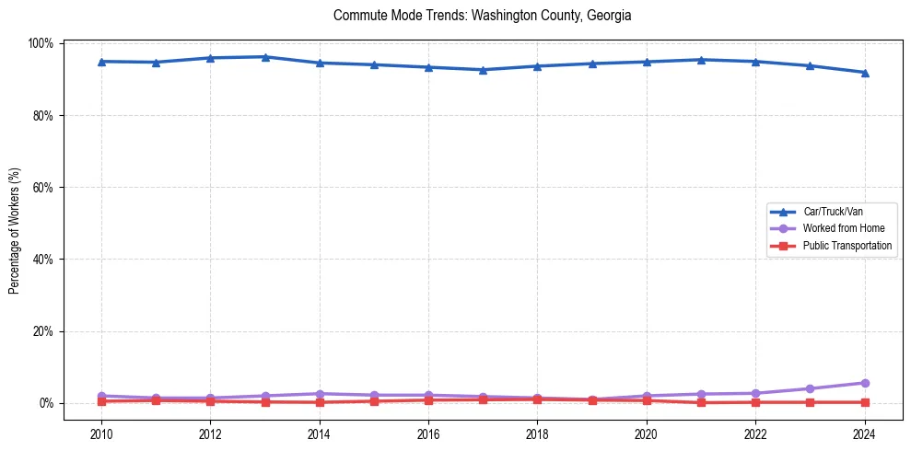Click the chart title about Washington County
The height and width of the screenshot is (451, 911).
(482, 16)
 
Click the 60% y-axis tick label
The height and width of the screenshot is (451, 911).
(44, 187)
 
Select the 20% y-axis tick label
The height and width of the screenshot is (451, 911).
(44, 331)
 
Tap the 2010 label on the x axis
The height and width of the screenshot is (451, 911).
(101, 434)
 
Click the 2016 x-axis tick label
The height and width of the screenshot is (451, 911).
(428, 434)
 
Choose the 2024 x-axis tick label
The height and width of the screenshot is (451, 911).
(864, 434)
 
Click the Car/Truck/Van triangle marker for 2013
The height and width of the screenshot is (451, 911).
(265, 57)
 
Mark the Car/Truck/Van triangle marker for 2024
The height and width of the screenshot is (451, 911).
(864, 73)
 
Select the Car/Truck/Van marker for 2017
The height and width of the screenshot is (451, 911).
(483, 70)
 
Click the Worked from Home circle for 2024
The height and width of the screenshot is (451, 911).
(864, 383)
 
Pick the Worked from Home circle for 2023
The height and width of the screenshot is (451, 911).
(810, 388)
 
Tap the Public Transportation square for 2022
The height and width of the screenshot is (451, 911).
(755, 402)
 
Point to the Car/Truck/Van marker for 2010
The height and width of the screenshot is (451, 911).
(101, 62)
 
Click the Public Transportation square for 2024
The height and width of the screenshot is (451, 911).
(864, 402)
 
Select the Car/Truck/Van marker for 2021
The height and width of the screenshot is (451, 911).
(701, 60)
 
